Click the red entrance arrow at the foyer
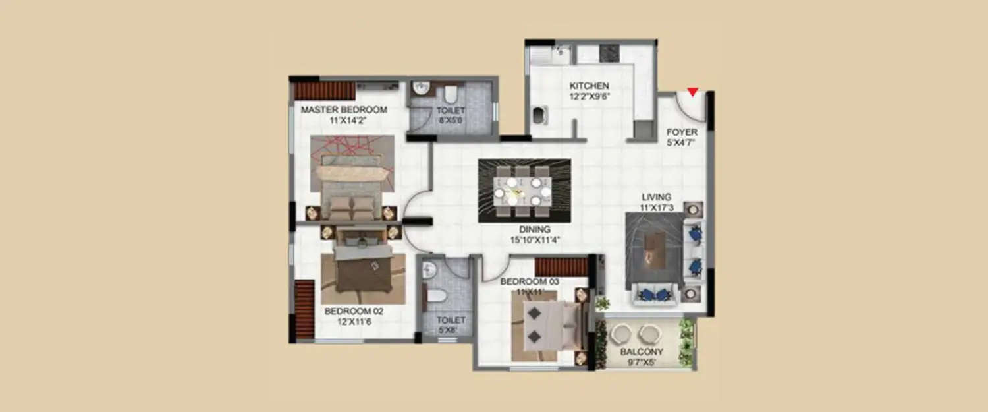click(x=692, y=92)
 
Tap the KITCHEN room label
click(x=589, y=86)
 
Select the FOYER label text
click(x=682, y=132)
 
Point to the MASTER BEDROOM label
click(x=344, y=109)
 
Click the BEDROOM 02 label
click(x=354, y=311)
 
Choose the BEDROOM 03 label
click(x=530, y=281)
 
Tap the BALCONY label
click(x=642, y=351)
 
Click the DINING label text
click(x=534, y=229)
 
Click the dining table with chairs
click(x=524, y=189)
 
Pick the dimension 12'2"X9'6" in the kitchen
click(x=589, y=96)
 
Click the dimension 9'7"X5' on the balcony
click(x=642, y=362)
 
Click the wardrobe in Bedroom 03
click(x=561, y=266)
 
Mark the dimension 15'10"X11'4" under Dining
click(x=534, y=240)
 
